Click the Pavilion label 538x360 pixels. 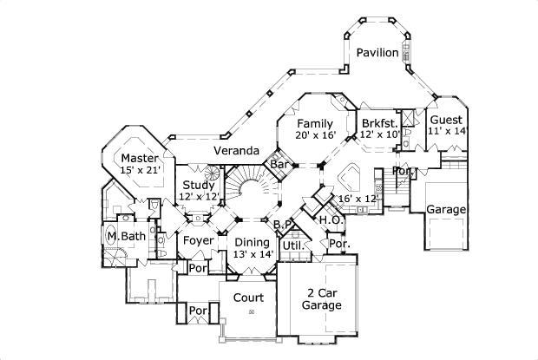coord(377,53)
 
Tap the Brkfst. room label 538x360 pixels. coord(381,122)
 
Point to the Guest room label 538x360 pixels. coord(446,119)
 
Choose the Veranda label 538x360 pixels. coord(237,151)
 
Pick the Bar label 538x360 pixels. coord(279,163)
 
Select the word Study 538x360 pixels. coord(199,185)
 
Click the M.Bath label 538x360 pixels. coord(125,236)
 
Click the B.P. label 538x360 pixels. coord(283,226)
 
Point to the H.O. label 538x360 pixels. coord(329,220)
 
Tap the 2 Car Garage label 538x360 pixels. coord(321,298)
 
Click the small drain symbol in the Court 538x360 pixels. coord(252,311)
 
